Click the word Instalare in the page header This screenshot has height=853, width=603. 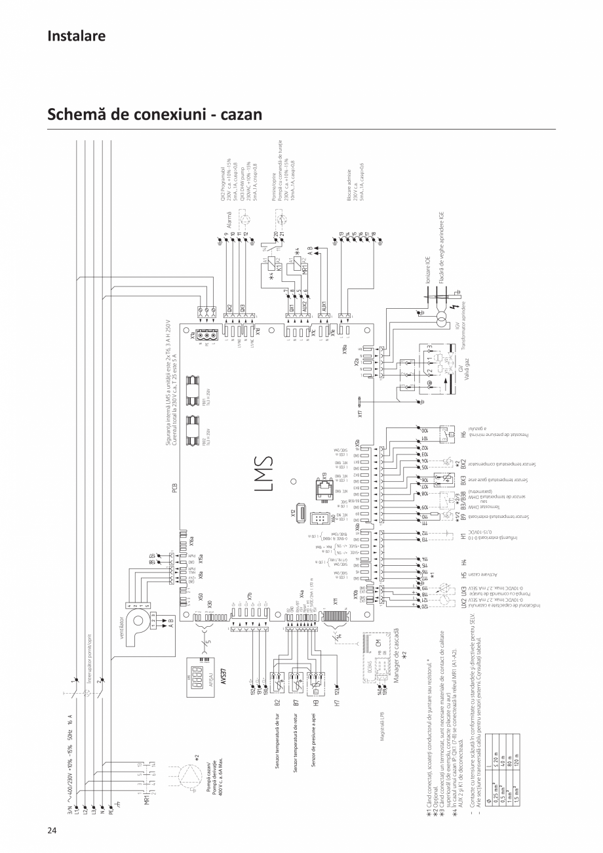pos(76,35)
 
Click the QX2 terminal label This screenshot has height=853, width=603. pos(229,308)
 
